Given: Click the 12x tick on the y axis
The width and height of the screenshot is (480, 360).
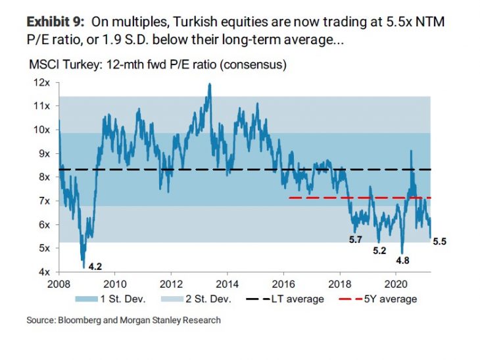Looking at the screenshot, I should [x=43, y=82].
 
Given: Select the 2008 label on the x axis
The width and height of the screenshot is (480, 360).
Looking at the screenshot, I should [x=59, y=284].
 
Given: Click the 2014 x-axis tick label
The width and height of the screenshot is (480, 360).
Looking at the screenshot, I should [x=227, y=284].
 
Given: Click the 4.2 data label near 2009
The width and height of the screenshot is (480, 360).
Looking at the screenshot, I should [x=96, y=267].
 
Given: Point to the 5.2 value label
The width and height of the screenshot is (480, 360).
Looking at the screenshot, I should [x=379, y=251].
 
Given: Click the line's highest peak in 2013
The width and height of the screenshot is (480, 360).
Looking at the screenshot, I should [x=209, y=84].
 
